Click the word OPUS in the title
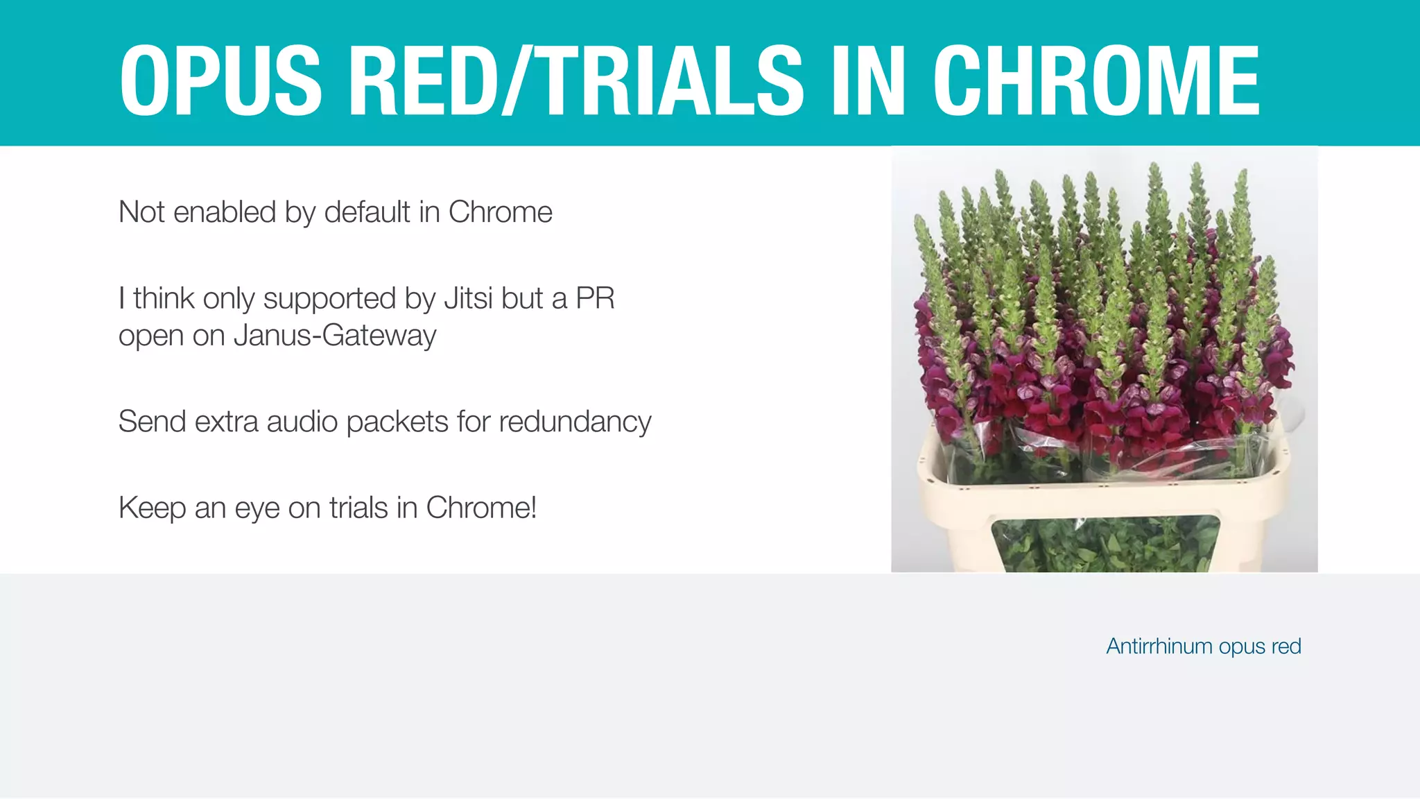[220, 80]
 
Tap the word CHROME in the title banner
[1096, 80]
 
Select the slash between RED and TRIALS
[516, 80]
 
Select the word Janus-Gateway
[335, 336]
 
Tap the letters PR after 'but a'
[595, 299]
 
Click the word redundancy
[575, 422]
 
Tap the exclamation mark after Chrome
[533, 508]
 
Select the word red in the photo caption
[1286, 646]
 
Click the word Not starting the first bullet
[141, 212]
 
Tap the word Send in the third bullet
[153, 422]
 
